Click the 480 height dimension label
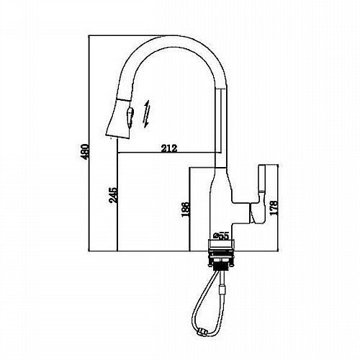(85, 152)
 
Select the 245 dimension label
(113, 195)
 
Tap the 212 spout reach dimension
(169, 148)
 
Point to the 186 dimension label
(186, 210)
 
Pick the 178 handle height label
(274, 207)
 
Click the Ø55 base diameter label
(220, 236)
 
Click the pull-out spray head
(120, 118)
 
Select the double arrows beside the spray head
(146, 114)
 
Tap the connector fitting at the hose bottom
(201, 332)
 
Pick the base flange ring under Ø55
(221, 245)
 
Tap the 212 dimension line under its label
(166, 153)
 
